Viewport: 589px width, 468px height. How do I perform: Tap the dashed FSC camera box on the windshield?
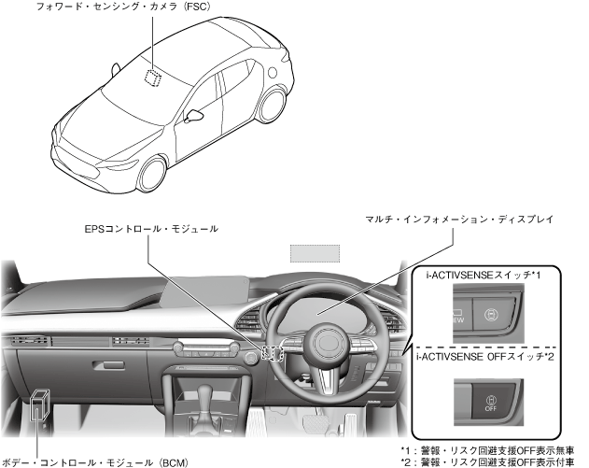coord(150,76)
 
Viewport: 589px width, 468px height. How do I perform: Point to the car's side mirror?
coord(195,115)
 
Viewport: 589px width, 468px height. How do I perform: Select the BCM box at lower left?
coord(39,404)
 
